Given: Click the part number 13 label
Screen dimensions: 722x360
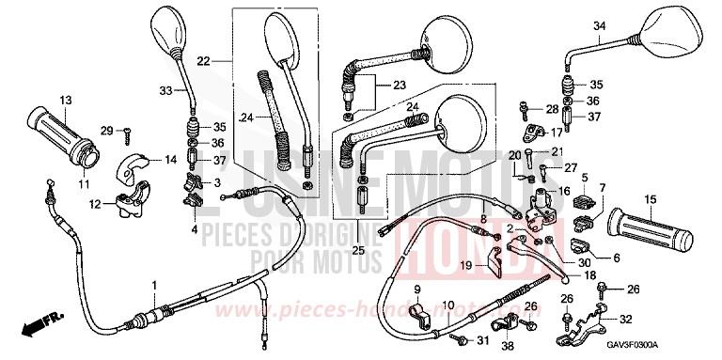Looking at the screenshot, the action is [66, 100].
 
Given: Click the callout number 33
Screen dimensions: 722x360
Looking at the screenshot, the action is [166, 90].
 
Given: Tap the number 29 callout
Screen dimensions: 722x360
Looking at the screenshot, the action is [106, 130].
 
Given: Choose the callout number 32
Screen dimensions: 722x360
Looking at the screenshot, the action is [625, 318].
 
